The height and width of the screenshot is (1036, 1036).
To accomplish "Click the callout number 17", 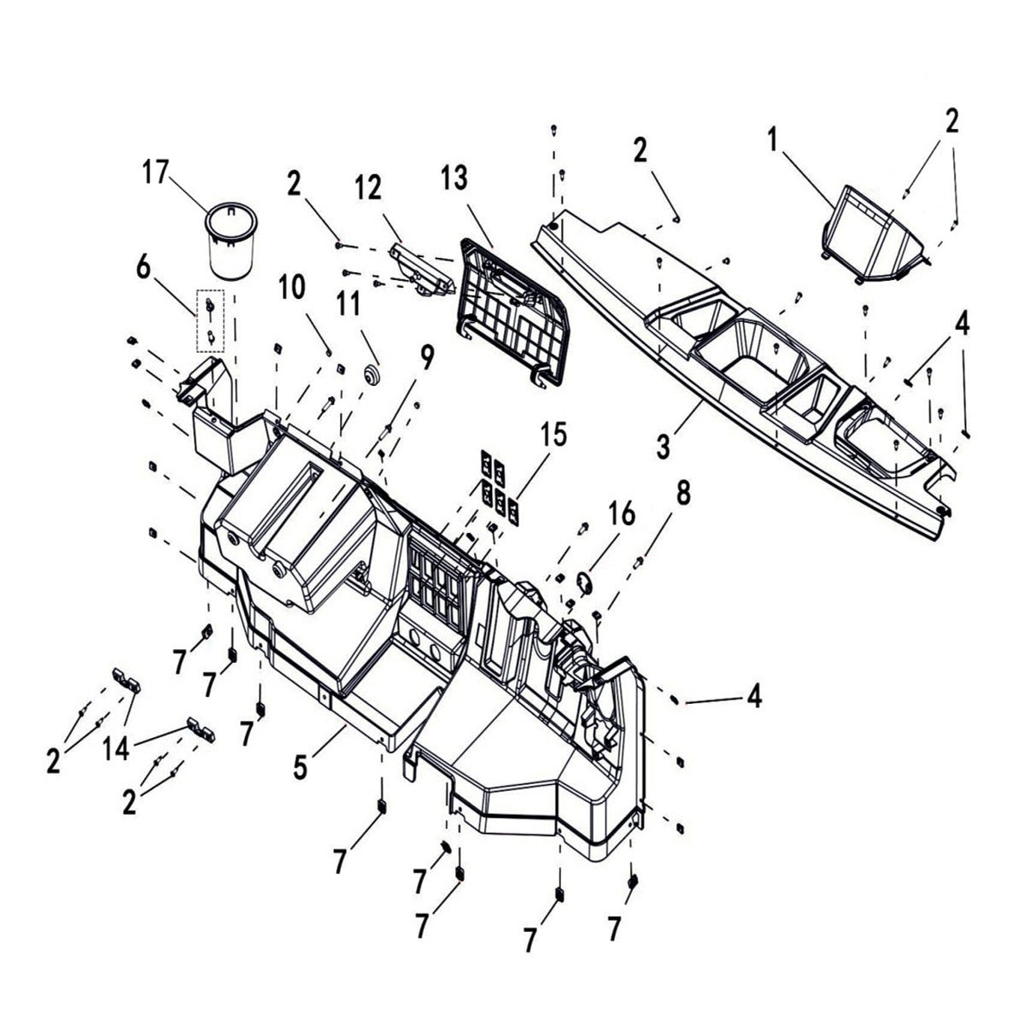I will (155, 173).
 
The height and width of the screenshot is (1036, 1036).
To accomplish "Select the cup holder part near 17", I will (228, 242).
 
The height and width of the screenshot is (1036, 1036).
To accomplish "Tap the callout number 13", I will (455, 179).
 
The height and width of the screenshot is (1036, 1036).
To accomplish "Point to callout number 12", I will (369, 189).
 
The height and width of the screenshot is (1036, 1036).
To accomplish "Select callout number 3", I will (663, 445).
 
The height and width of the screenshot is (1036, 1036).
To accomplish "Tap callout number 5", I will (299, 766).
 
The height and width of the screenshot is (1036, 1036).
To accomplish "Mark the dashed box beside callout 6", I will (211, 321).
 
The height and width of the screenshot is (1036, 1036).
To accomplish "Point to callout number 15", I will (553, 435).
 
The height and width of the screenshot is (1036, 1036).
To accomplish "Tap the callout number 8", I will (683, 493).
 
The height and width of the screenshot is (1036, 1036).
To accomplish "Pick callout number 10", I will (291, 288).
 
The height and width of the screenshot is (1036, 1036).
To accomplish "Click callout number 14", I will (116, 749).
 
